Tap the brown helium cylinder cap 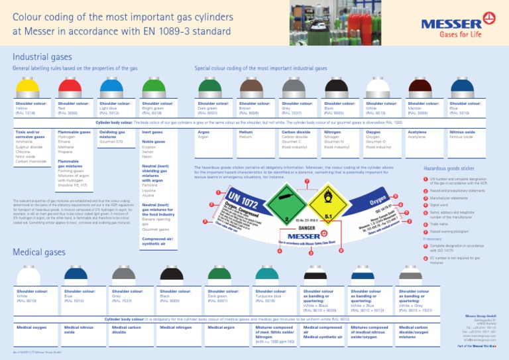(x=253, y=87)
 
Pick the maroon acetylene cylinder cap (x=421, y=87)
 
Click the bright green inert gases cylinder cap (x=154, y=87)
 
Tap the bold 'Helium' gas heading (x=247, y=132)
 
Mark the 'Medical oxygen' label (x=31, y=327)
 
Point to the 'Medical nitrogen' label (x=176, y=327)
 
